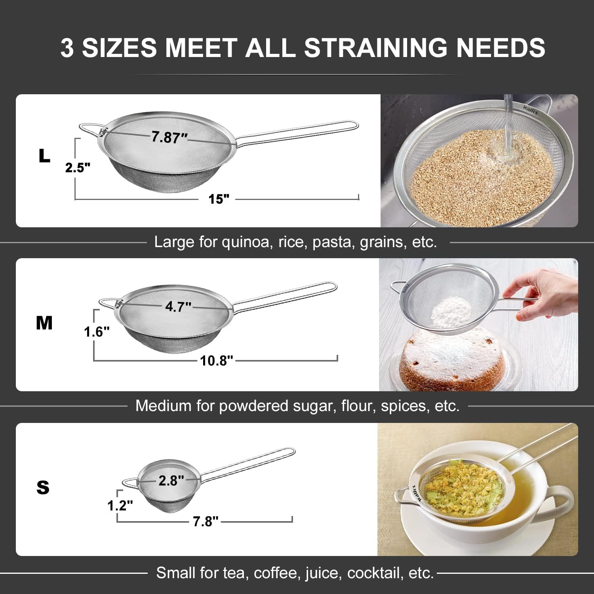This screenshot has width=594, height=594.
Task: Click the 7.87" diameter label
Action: click(169, 137)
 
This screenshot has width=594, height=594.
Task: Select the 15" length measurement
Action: click(219, 199)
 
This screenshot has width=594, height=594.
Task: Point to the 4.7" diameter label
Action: click(178, 306)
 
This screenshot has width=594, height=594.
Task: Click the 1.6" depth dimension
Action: click(97, 331)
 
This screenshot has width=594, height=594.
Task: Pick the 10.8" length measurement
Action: click(216, 360)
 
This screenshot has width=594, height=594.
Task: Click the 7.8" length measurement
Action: click(206, 521)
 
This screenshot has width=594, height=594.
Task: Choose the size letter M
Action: click(44, 323)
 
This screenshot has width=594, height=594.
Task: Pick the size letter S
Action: click(43, 487)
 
